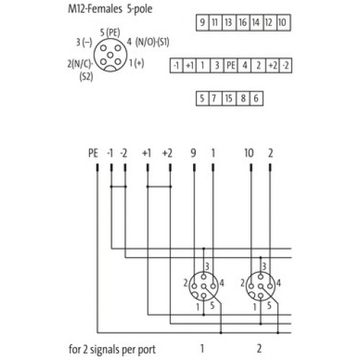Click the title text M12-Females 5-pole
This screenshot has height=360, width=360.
[110, 9]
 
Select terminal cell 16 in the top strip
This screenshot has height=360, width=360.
[243, 22]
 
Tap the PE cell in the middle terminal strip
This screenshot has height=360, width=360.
[231, 66]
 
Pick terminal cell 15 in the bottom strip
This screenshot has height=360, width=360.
[229, 99]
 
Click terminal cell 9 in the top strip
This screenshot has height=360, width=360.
[202, 22]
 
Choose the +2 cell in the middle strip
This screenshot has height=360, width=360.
[273, 66]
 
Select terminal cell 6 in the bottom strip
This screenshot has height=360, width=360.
[256, 99]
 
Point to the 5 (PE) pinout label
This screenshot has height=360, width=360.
[110, 32]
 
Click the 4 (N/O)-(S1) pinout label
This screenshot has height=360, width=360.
[148, 42]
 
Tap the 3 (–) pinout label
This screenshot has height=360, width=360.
[84, 42]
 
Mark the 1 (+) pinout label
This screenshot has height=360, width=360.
[137, 63]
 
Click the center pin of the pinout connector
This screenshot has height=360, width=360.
[110, 55]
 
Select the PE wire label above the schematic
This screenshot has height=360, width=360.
[93, 153]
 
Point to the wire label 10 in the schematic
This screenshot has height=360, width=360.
[249, 153]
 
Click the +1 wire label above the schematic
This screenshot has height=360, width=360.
[147, 153]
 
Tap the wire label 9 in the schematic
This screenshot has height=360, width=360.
[193, 153]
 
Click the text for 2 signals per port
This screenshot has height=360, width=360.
[112, 349]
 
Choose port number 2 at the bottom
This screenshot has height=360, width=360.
[259, 348]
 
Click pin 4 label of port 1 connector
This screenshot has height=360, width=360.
[222, 283]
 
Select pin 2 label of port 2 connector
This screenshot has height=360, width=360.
[243, 283]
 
